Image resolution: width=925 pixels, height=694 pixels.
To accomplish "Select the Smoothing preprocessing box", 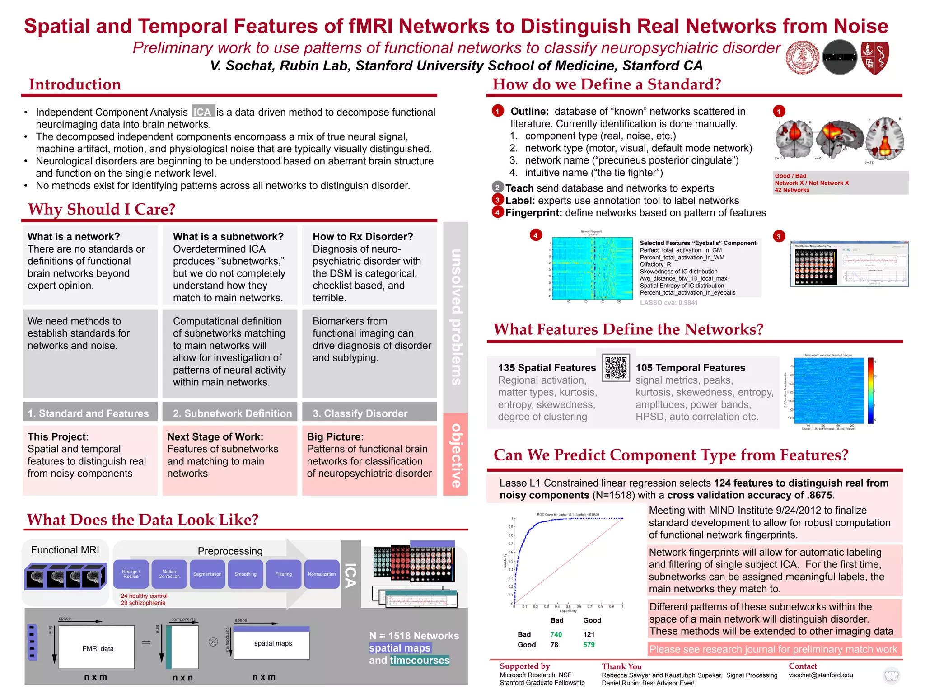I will (245, 574).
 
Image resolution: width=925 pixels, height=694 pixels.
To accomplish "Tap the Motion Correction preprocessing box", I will (169, 574).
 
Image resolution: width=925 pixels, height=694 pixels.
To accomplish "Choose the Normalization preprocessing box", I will (322, 574).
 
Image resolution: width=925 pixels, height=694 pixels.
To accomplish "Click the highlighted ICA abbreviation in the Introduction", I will (202, 112).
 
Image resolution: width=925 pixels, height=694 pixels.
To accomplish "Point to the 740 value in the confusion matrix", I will (556, 634).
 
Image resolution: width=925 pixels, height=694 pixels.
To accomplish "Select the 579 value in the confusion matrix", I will (589, 645).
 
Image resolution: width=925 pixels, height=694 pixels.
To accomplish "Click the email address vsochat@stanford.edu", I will (821, 675).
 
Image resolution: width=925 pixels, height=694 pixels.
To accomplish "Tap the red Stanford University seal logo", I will (803, 58).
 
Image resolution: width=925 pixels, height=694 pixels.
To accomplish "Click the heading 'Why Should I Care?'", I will (102, 209).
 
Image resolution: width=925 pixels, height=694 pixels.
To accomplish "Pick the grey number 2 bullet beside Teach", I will (497, 188).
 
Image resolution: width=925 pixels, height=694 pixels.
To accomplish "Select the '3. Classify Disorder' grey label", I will (360, 413).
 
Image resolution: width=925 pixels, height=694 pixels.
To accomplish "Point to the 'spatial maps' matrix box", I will (272, 643).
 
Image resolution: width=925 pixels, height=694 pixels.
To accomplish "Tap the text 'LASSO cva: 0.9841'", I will (668, 303).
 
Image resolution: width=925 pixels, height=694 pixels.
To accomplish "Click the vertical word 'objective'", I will (456, 455).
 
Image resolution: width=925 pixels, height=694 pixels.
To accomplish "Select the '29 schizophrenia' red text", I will (143, 603).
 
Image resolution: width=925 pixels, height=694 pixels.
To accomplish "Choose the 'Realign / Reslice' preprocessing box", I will (131, 574).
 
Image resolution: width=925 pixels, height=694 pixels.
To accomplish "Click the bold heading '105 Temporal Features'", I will (690, 368).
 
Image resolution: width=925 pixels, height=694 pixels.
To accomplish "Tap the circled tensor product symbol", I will (213, 642).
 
